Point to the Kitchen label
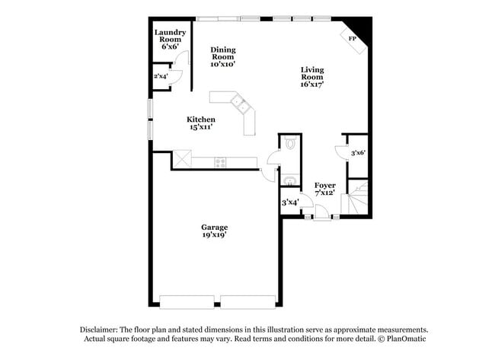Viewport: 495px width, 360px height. pyautogui.click(x=202, y=119)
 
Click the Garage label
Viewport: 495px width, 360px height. pyautogui.click(x=214, y=228)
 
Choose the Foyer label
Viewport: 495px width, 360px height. pyautogui.click(x=325, y=186)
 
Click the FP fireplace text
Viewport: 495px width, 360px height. pyautogui.click(x=352, y=38)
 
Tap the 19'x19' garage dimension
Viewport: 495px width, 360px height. pyautogui.click(x=214, y=236)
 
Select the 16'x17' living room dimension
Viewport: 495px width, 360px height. pyautogui.click(x=311, y=84)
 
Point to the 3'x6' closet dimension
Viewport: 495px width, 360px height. pyautogui.click(x=358, y=153)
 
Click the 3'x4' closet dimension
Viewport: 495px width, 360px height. pyautogui.click(x=289, y=202)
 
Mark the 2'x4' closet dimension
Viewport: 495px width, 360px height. pyautogui.click(x=161, y=76)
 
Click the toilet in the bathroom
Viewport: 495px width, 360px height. pyautogui.click(x=289, y=142)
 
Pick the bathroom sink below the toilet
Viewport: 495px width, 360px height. pyautogui.click(x=290, y=180)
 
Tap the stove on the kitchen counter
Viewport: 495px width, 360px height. pyautogui.click(x=220, y=161)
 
